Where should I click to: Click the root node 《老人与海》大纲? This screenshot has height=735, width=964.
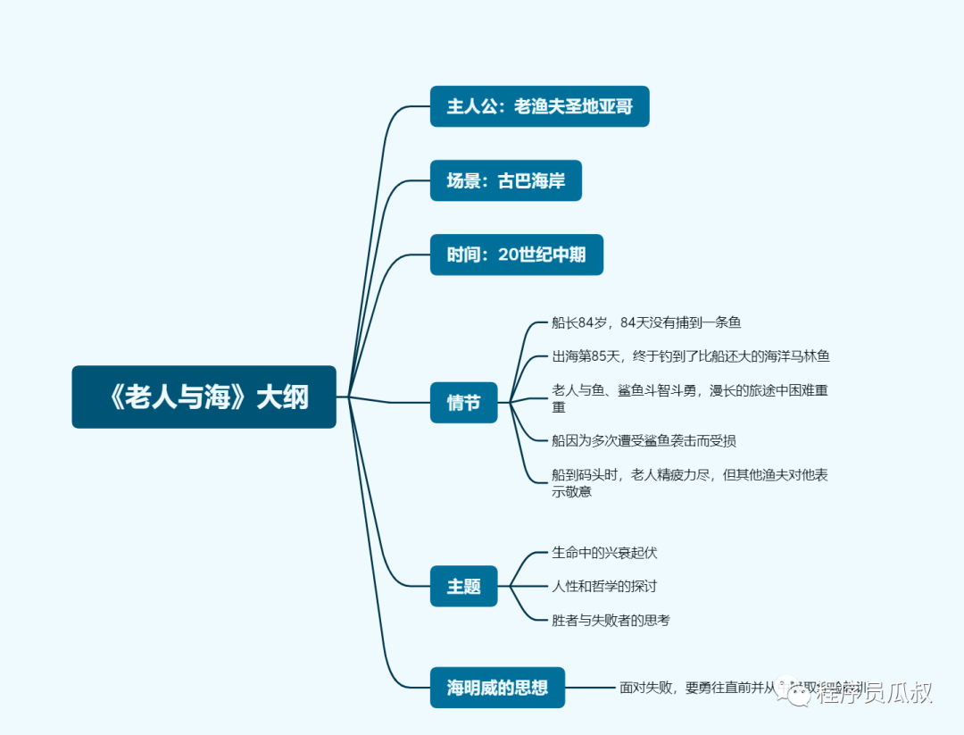(204, 397)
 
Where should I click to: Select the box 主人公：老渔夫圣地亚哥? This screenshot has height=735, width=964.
(539, 106)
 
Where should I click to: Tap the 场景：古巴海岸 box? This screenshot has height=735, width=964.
(505, 180)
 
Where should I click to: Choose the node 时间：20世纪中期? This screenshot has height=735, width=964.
(516, 255)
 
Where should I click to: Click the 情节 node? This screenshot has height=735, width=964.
(463, 403)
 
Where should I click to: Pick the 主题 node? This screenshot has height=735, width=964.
(463, 587)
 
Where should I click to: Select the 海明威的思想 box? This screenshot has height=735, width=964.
(497, 688)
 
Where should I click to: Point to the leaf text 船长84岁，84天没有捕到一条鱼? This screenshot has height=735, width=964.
(646, 322)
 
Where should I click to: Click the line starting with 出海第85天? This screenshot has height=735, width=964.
(691, 356)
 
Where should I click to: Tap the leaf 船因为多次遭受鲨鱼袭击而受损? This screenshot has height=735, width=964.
(644, 440)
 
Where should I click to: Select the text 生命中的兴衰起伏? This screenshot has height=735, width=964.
(604, 553)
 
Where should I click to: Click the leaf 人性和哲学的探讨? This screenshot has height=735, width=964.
(604, 587)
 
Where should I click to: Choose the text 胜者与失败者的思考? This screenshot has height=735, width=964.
(611, 620)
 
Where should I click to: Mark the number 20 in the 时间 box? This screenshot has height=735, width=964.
(508, 255)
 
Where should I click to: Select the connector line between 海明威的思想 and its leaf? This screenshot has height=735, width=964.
(591, 688)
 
